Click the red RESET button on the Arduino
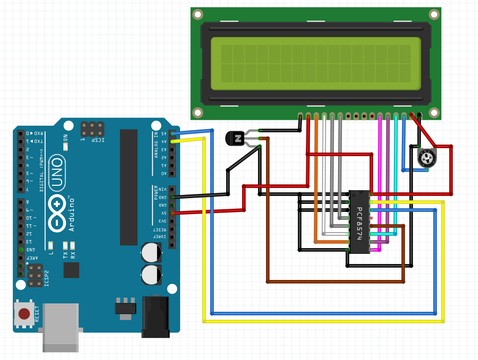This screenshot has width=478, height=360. pyautogui.click(x=24, y=314)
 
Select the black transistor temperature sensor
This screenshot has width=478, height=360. pyautogui.click(x=235, y=138)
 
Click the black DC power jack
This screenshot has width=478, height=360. pyautogui.click(x=156, y=316)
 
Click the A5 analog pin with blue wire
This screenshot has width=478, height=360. pyautogui.click(x=172, y=133)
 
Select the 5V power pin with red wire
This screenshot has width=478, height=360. pyautogui.click(x=172, y=213)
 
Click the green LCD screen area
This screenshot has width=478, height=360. pyautogui.click(x=316, y=64)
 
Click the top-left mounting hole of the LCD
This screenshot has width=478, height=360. pyautogui.click(x=198, y=15)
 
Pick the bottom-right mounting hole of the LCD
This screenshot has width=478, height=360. pyautogui.click(x=434, y=112)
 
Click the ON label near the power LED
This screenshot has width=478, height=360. pyautogui.click(x=66, y=138)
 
